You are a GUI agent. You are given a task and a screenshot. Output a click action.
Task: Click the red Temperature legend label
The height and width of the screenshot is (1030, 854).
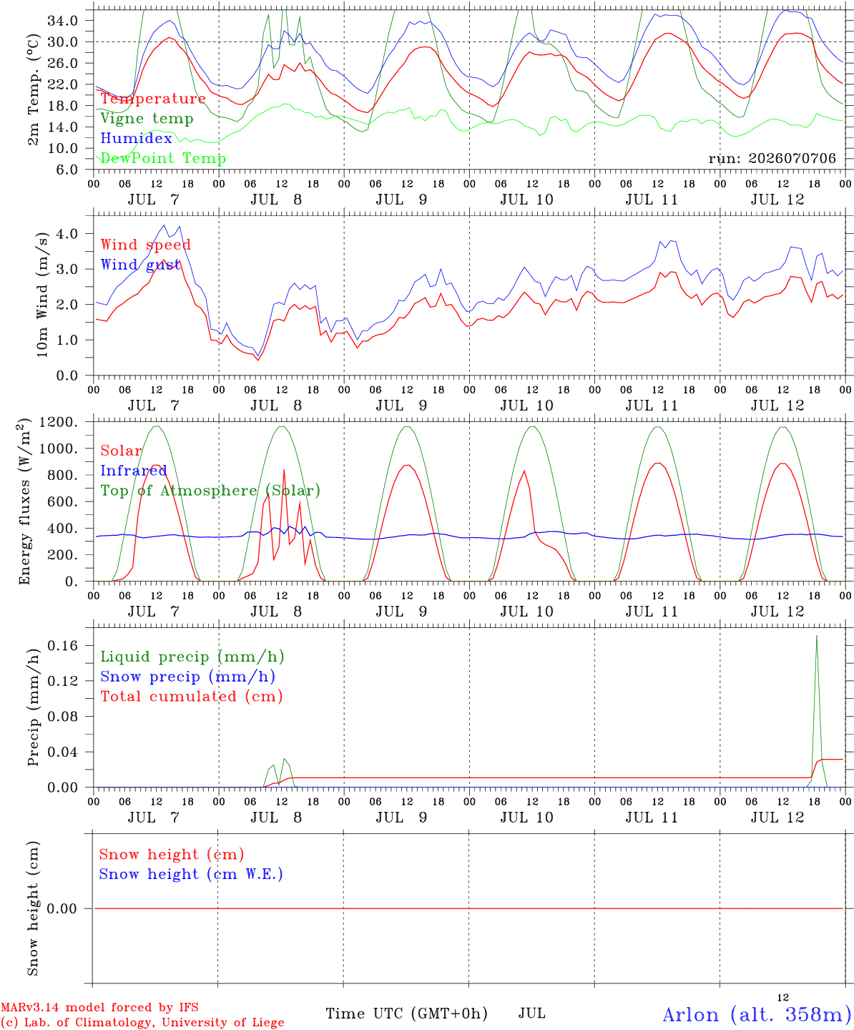[153, 98]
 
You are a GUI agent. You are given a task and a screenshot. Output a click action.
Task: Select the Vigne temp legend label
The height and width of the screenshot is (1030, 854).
[147, 119]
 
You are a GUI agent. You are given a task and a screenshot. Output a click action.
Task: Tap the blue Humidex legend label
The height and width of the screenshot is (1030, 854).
[136, 138]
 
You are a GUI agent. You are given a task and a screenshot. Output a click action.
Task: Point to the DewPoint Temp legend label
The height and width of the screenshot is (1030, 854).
[163, 158]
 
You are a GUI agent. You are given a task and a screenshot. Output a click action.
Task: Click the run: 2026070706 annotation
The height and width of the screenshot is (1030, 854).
[772, 158]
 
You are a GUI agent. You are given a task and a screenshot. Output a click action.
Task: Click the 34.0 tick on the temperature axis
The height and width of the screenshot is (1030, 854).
[63, 21]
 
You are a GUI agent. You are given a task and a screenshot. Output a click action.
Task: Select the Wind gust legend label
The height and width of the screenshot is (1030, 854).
[141, 265]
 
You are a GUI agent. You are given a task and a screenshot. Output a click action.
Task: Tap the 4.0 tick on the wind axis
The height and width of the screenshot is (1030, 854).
[67, 234]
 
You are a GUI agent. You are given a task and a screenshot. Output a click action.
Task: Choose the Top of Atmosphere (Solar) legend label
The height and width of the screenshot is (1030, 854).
[210, 491]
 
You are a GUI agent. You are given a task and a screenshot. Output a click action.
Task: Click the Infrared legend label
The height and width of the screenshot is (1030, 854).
[134, 471]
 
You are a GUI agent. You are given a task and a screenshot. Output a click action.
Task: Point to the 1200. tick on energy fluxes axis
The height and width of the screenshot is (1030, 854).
[59, 422]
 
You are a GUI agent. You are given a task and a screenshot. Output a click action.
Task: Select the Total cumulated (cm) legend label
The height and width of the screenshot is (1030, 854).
[192, 696]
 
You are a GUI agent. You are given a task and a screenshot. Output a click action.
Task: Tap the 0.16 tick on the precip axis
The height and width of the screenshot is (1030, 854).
[63, 645]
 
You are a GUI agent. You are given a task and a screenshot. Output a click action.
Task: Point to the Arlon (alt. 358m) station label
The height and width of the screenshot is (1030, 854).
[753, 1014]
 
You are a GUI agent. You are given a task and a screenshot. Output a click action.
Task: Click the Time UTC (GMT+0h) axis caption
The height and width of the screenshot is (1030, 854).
[406, 1014]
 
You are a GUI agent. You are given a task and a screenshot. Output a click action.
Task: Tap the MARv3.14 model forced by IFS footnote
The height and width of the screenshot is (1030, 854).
[99, 1007]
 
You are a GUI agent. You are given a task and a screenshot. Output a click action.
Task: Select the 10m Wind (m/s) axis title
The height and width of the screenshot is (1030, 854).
[42, 295]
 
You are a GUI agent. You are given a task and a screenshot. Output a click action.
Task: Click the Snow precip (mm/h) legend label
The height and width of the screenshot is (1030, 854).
[187, 677]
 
